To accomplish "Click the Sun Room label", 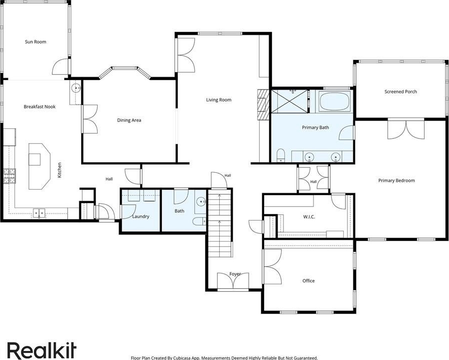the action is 35,42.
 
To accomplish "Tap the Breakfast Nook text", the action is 39,107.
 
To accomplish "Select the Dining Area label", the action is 129,120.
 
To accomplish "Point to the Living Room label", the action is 219,100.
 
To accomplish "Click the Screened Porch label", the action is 401,92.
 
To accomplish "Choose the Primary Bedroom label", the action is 397,181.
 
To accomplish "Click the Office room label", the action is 308,281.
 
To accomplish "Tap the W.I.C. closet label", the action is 309,217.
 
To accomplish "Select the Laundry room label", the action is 141,217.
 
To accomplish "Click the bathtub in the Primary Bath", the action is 334,102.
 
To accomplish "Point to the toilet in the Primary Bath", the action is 281,155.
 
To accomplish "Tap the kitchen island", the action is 39,166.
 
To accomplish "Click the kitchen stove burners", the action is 9,176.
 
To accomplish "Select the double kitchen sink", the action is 39,213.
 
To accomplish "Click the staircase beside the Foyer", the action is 219,223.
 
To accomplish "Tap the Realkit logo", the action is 42,350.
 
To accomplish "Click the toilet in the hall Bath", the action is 199,221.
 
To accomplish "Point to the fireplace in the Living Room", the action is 262,105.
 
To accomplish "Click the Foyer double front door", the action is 233,282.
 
